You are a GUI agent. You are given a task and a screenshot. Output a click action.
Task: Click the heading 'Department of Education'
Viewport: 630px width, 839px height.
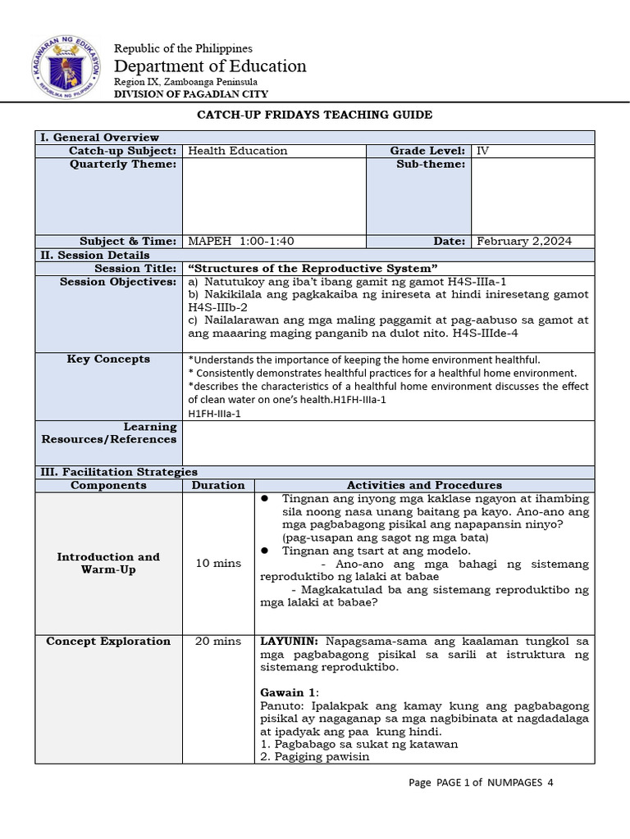point(210,66)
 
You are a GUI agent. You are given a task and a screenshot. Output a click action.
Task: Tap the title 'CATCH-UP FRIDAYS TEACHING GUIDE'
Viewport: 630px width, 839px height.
point(314,116)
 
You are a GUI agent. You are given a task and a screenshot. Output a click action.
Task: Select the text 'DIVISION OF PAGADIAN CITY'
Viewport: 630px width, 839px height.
point(190,94)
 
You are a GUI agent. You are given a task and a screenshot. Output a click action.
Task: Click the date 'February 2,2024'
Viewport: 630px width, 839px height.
point(524,241)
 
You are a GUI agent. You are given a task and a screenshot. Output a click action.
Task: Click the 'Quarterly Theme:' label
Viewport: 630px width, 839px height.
point(135,164)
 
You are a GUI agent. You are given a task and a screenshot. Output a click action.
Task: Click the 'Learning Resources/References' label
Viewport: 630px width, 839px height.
point(109,433)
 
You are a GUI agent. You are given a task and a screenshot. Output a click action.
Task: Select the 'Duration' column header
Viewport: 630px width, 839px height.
point(217,485)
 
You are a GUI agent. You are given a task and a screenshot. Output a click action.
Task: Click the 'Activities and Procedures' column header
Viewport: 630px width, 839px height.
point(424,485)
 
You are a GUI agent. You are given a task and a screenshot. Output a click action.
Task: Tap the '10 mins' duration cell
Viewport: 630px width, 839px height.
point(217,563)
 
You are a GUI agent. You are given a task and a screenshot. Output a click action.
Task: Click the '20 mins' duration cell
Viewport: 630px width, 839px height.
point(217,641)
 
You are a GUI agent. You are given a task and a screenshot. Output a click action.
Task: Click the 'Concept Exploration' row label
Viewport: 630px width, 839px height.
point(108,641)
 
